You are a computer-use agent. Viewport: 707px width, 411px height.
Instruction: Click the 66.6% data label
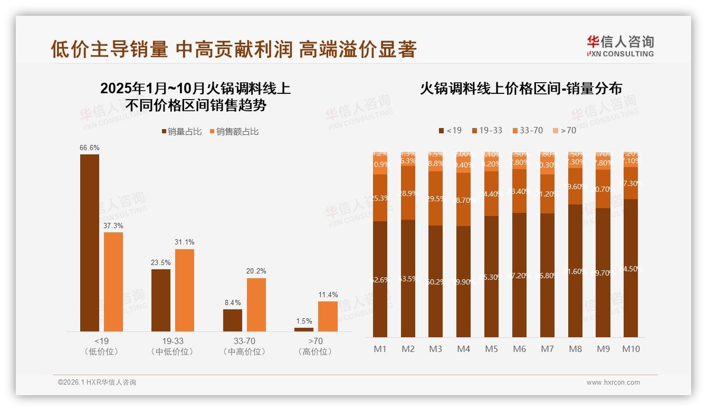(90, 148)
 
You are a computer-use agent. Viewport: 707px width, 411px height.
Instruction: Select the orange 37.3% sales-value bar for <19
(113, 282)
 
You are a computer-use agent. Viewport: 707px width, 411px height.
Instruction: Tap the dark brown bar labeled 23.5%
(161, 300)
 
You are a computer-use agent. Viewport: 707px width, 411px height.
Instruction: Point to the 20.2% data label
(256, 271)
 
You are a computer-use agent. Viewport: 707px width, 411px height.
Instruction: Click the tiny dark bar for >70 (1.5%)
(304, 329)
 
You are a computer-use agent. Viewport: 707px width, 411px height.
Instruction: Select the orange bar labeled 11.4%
(328, 316)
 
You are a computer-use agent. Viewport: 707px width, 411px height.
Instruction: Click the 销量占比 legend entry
(181, 132)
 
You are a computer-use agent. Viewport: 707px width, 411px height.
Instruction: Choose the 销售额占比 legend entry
(234, 132)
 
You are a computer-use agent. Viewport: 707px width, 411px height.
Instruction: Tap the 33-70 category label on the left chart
(244, 341)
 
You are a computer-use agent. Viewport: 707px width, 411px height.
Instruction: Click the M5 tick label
(491, 349)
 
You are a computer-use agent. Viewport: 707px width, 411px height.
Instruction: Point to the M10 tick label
(630, 349)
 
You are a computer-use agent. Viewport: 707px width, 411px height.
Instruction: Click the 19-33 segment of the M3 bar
(435, 198)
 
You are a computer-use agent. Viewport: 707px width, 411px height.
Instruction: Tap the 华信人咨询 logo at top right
(620, 46)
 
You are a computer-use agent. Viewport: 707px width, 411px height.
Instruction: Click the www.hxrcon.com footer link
(613, 383)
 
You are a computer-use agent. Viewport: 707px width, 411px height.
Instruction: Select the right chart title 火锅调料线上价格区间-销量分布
(520, 89)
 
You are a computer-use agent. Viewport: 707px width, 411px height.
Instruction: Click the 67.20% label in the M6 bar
(520, 276)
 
